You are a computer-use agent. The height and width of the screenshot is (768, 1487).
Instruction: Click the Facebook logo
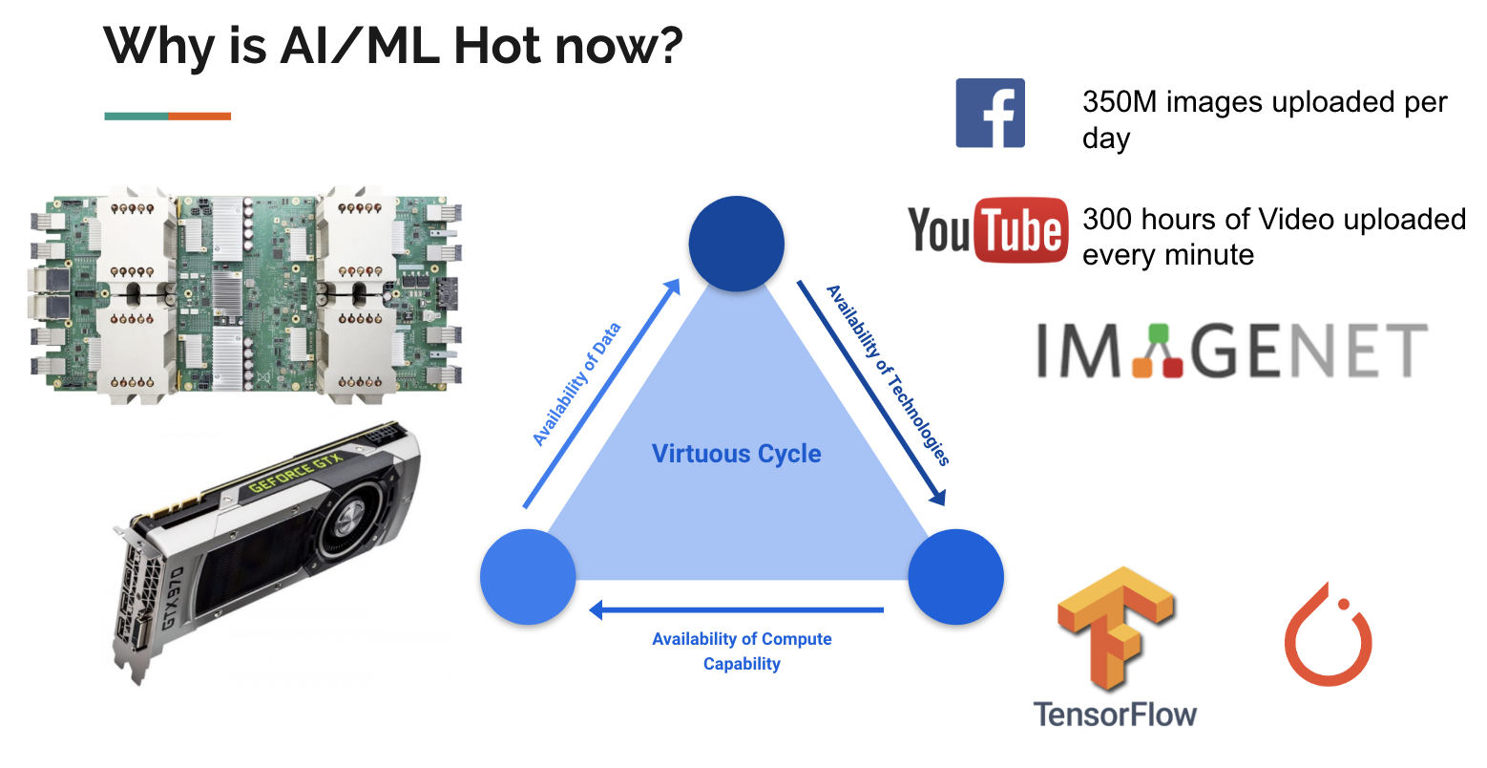coord(991,113)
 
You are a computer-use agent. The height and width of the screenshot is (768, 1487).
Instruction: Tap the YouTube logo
coord(988,230)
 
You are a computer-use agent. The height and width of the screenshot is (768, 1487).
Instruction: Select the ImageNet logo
coord(1231,350)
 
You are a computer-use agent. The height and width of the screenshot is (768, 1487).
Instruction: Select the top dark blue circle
coord(736,244)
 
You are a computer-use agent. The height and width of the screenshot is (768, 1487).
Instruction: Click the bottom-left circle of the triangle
coord(528,577)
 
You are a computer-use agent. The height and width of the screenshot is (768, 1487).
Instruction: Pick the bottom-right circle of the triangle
coord(955,577)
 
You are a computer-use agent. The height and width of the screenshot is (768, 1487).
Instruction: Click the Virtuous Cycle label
coord(736,454)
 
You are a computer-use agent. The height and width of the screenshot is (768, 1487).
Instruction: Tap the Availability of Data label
coord(576,384)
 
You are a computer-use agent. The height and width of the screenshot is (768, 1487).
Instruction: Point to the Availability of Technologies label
coord(889,375)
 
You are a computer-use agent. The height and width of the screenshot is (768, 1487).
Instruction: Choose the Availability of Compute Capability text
coord(742,651)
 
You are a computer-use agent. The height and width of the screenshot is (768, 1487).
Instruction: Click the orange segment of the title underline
coord(199,117)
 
